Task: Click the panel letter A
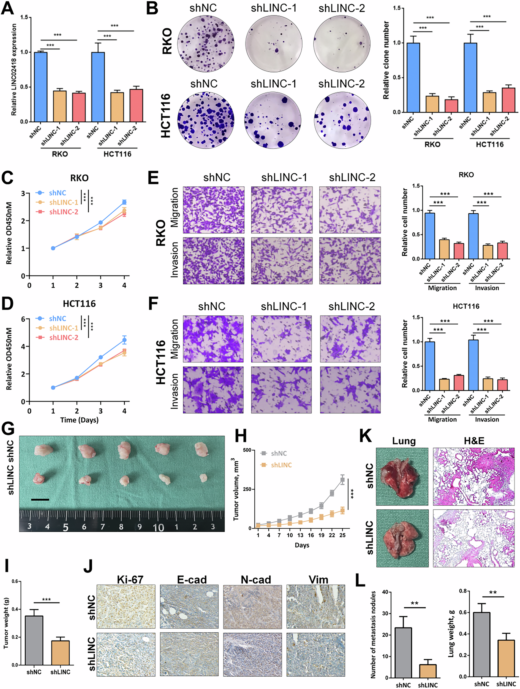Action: (7, 9)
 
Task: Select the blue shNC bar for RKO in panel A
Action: (41, 87)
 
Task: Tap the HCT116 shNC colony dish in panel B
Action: (206, 120)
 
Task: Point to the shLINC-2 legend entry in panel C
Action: (64, 212)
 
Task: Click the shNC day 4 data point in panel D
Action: (124, 340)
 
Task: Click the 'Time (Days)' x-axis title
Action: (79, 420)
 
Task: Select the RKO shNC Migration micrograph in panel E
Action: (213, 210)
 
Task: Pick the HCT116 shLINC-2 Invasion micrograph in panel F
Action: (350, 390)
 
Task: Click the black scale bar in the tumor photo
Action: (40, 500)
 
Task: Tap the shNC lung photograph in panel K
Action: (402, 477)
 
